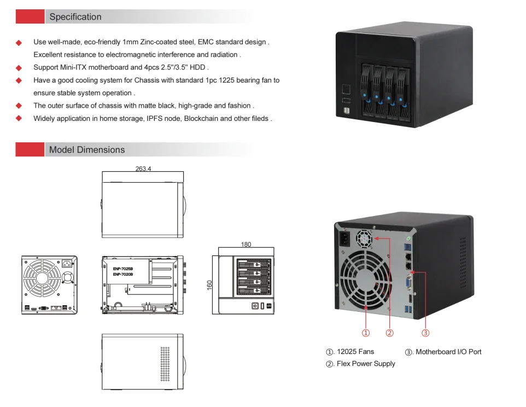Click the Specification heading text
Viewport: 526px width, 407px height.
(x=75, y=17)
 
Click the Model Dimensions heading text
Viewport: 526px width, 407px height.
(x=87, y=150)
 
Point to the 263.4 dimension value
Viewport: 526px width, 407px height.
(x=143, y=169)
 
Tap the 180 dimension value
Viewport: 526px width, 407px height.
(x=246, y=245)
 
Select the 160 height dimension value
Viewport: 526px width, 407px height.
(x=209, y=286)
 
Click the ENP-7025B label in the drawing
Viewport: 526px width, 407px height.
(x=123, y=269)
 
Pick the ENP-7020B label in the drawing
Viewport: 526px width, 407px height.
(x=123, y=275)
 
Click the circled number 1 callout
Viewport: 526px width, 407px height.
(x=366, y=332)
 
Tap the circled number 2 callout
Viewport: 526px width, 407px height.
(x=389, y=332)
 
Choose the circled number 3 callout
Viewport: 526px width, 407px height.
(x=425, y=332)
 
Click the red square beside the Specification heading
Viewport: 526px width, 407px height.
(x=30, y=17)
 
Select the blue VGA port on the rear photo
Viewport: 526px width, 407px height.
(x=408, y=282)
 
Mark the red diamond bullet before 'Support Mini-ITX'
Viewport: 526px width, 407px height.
(x=19, y=68)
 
